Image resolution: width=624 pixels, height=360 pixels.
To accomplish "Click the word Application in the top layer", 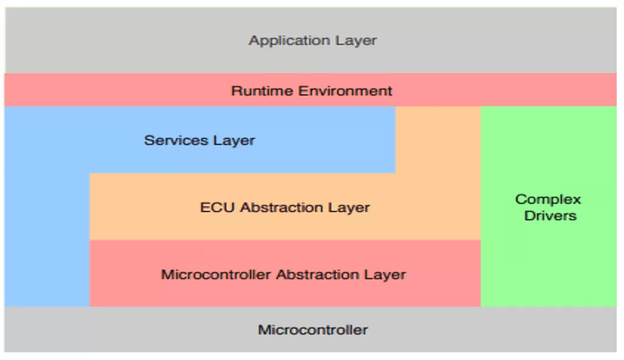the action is tap(289, 41).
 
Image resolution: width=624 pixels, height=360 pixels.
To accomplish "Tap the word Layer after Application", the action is tap(356, 41).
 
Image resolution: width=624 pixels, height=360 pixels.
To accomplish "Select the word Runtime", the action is tap(262, 91).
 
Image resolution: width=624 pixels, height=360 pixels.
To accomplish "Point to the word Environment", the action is tap(345, 91).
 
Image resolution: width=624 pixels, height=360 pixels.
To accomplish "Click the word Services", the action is tap(176, 140).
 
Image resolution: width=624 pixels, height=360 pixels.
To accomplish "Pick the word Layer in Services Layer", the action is tap(234, 140).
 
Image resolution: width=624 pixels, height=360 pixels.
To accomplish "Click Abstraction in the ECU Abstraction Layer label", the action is tap(282, 207).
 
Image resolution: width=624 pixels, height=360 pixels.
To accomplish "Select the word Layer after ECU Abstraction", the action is tap(349, 207).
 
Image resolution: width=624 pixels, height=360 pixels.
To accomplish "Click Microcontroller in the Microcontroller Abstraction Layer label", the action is tap(216, 274).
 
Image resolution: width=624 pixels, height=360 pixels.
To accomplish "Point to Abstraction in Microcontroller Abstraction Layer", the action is tap(317, 274).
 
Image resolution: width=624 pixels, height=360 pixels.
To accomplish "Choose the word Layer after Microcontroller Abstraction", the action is tap(385, 274).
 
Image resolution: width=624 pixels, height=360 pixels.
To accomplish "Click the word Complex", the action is tap(548, 199).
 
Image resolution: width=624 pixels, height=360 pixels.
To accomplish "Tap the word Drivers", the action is tap(550, 216).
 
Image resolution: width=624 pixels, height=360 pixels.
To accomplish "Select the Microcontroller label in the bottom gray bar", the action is tap(313, 330).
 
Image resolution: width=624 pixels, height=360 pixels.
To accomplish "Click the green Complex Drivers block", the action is tap(549, 207).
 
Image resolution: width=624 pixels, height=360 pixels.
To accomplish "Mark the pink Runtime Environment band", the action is tap(310, 89).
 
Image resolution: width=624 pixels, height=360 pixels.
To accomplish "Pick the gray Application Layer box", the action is tap(311, 40).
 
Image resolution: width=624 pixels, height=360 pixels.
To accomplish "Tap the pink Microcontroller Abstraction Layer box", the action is tap(285, 273).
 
